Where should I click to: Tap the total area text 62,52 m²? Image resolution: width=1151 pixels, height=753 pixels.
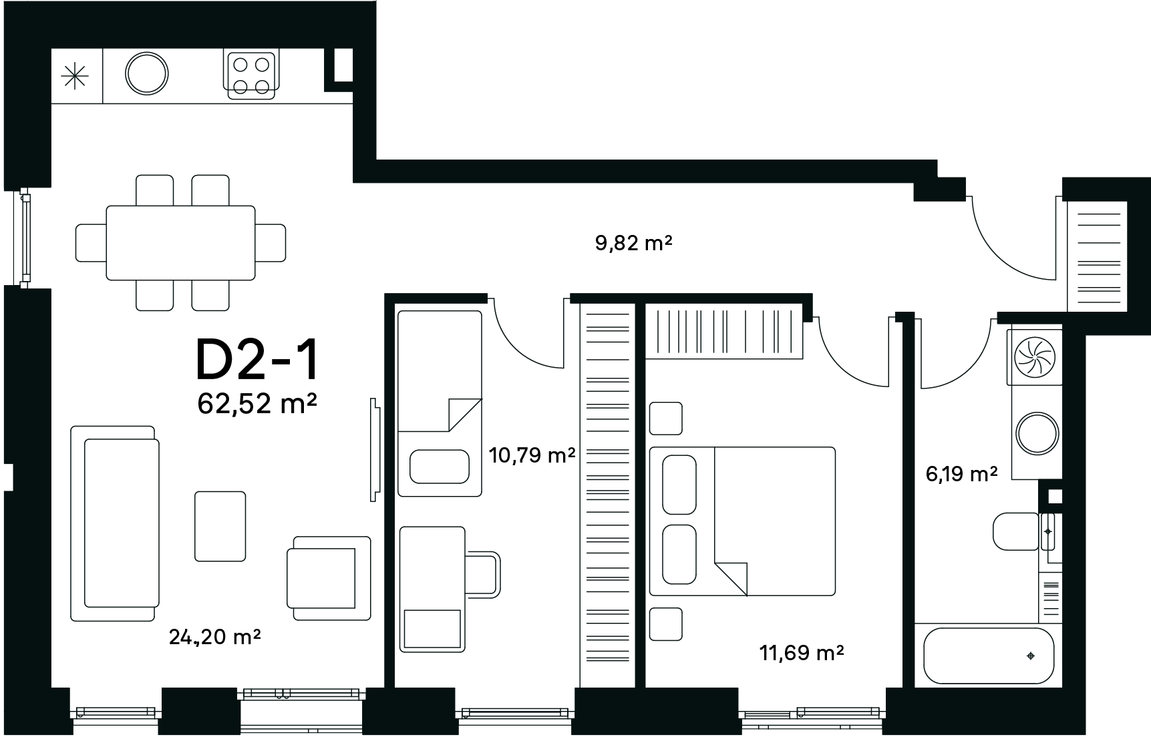257,404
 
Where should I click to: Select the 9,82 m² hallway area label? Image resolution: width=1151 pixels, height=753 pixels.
633,243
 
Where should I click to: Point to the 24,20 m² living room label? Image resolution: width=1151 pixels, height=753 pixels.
214,638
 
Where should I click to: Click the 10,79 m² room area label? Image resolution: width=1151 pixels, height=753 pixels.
532,456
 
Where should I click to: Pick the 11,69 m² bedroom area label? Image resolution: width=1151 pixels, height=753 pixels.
802,652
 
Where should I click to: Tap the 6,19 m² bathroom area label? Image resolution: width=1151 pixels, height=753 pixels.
961,474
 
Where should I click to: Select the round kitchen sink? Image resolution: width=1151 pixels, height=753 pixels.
147,73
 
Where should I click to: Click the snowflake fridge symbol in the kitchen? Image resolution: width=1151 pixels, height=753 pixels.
74,75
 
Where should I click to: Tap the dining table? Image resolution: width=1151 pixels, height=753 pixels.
180,242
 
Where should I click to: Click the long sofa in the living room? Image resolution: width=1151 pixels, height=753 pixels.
115,523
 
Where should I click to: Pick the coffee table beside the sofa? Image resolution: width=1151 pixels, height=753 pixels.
220,526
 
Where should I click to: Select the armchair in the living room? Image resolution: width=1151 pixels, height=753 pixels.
329,578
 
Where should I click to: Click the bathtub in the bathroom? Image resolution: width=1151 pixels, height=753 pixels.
988,656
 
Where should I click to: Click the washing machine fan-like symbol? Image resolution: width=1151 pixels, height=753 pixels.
1034,355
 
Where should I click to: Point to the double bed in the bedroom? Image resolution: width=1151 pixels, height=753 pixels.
742,521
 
